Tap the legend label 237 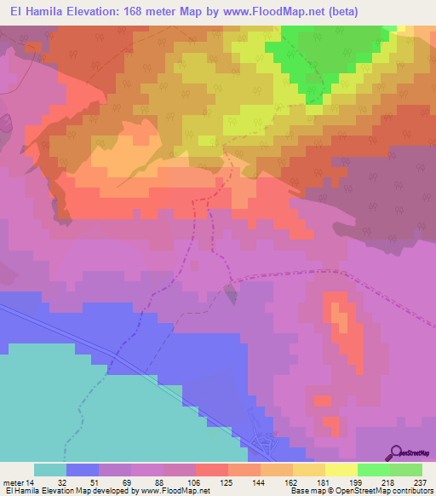pos(422,482)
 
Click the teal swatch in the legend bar pos(50,470)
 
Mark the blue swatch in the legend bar pos(83,470)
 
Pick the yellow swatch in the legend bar pos(341,470)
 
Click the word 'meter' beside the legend pos(14,482)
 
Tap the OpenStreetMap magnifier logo pos(396,453)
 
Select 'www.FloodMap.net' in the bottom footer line pos(174,492)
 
